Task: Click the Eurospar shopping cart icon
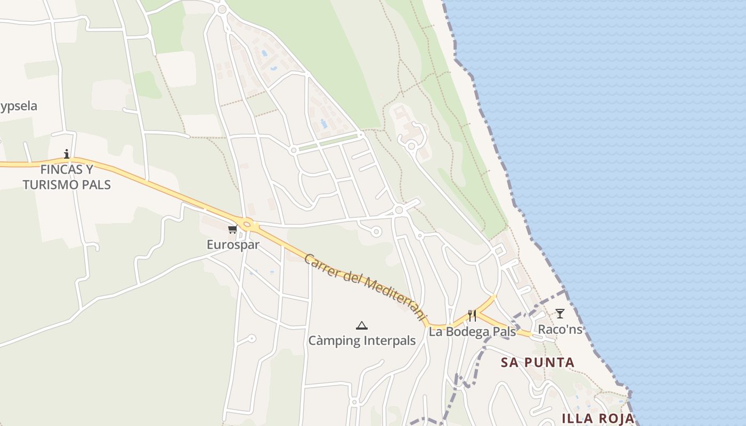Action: [232, 230]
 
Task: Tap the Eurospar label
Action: [233, 245]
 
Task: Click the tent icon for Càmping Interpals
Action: [362, 325]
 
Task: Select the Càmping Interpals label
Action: [362, 341]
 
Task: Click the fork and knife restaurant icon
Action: [472, 316]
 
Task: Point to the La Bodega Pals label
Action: [472, 332]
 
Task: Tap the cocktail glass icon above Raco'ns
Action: [559, 314]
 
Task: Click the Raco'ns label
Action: [560, 330]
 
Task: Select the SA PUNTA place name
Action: [538, 363]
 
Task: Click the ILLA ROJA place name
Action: [598, 419]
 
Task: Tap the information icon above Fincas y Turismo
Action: [67, 154]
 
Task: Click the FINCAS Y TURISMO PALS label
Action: [67, 177]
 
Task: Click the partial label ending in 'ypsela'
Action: [19, 106]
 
